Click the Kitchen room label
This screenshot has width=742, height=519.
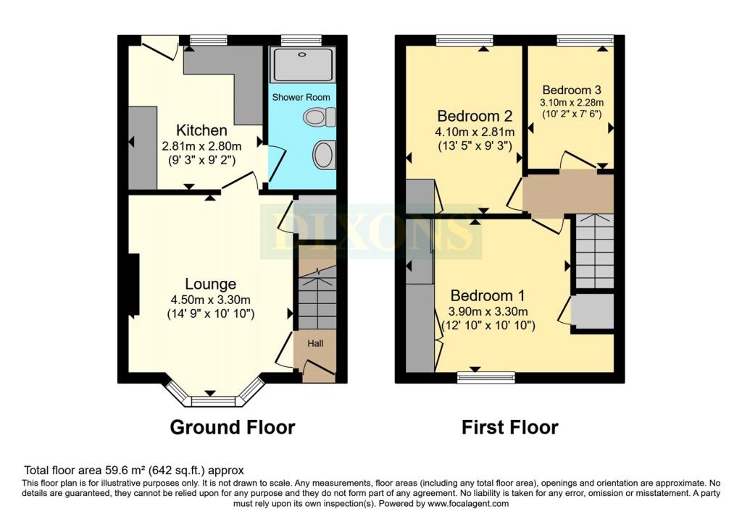[202, 130]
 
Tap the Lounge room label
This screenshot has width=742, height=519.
[210, 284]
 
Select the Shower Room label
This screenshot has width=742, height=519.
[301, 97]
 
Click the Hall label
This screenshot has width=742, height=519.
[315, 343]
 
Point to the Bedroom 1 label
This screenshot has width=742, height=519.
[488, 295]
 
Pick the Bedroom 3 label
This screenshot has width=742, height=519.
[572, 90]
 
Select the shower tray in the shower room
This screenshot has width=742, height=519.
[301, 64]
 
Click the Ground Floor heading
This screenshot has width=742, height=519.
[232, 427]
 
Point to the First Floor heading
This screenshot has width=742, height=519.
[510, 427]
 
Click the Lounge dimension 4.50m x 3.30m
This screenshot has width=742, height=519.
[210, 300]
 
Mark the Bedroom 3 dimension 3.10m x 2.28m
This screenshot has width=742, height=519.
[572, 103]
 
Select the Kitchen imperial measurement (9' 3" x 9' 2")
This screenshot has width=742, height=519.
[202, 160]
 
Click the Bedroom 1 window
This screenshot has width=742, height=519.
[486, 376]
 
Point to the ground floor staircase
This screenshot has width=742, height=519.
[317, 297]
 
